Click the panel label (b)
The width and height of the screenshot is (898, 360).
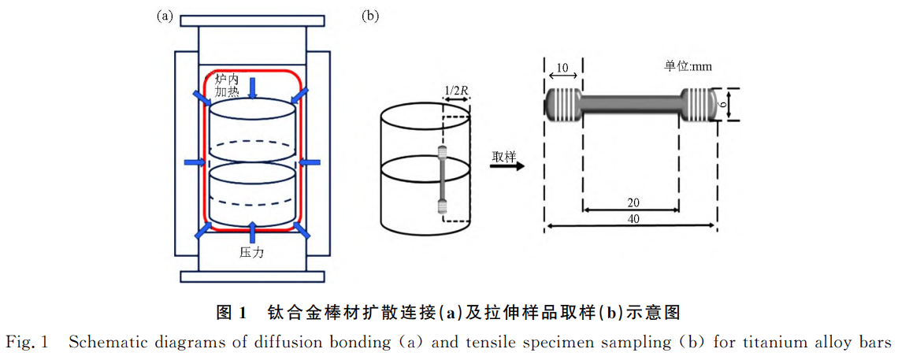369,16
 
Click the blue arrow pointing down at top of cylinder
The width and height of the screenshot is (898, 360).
252,87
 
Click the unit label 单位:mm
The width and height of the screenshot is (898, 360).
688,67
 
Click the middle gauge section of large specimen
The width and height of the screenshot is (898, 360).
630,104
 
